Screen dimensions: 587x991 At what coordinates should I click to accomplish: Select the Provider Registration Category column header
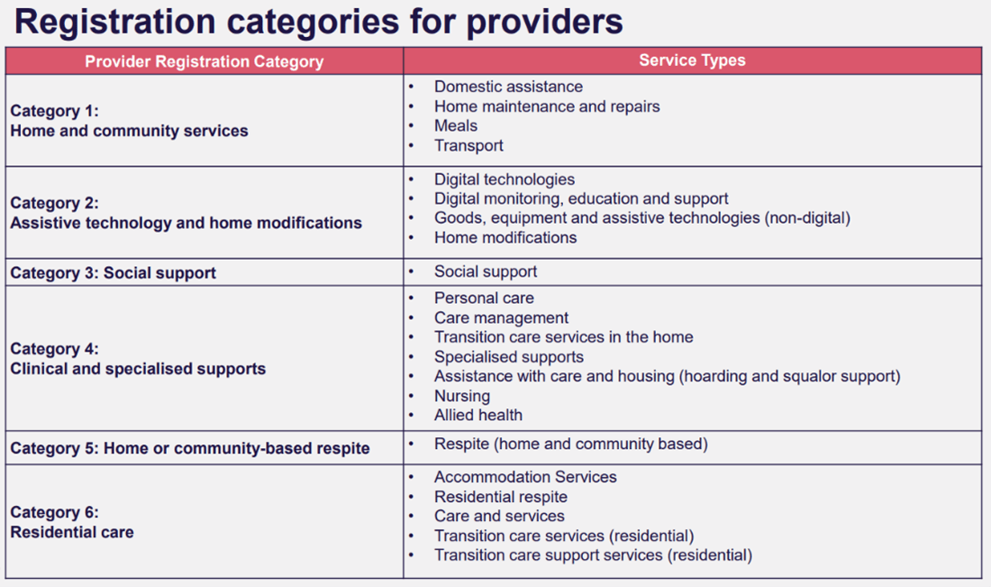204,61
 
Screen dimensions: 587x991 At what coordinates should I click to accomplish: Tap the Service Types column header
692,60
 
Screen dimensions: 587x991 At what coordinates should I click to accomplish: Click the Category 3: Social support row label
114,272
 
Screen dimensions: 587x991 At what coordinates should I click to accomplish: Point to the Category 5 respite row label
190,448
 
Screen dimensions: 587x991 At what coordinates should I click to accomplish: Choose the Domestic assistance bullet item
508,87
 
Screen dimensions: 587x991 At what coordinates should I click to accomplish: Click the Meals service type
455,126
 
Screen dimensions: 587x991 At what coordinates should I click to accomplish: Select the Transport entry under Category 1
468,146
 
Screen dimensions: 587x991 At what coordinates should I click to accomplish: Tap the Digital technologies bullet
504,179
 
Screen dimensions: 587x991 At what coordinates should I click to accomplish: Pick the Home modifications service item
505,238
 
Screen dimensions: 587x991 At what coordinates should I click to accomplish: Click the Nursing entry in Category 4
461,396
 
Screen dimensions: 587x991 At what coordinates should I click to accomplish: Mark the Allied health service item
477,416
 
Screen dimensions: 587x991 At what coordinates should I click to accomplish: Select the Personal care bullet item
484,298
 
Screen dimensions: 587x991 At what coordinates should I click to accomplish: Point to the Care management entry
501,317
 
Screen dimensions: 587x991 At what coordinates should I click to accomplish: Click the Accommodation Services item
525,477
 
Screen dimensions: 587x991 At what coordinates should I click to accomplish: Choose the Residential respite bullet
500,497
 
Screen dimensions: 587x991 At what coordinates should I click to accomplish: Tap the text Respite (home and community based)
570,444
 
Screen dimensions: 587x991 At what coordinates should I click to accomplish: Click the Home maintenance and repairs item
547,106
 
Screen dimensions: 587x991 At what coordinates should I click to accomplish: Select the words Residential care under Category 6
72,532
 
